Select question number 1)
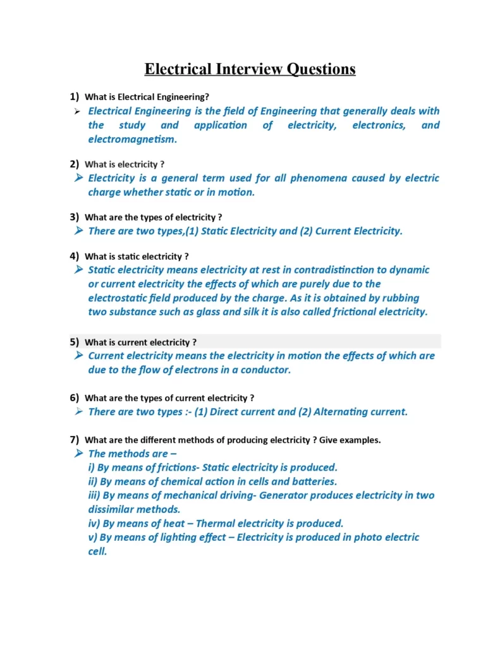(74, 97)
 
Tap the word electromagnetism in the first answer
(133, 139)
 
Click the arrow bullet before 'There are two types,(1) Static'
(78, 231)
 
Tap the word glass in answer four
(217, 311)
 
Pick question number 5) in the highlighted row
(74, 342)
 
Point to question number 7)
(74, 440)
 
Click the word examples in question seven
(360, 440)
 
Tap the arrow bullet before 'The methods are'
(78, 454)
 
